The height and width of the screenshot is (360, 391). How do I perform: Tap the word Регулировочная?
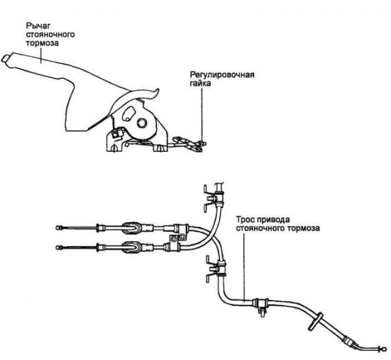(x=222, y=75)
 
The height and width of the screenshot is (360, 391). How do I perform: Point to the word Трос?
(x=245, y=220)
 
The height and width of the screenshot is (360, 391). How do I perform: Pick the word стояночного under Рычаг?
(x=50, y=34)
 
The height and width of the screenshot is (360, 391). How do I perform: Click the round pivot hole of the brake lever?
(x=142, y=123)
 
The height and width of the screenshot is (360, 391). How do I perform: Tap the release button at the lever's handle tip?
(x=5, y=58)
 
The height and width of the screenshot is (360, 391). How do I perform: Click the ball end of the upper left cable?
(x=59, y=228)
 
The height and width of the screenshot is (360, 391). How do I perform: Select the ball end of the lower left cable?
(x=59, y=247)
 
